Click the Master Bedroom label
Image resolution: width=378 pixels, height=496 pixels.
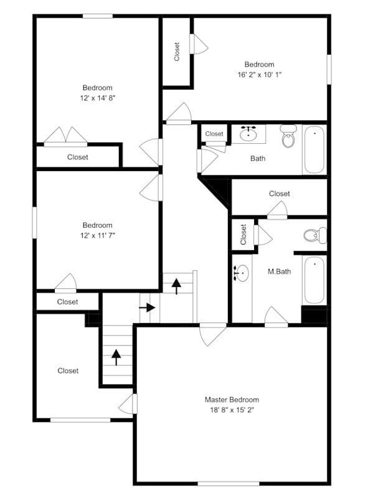pyautogui.click(x=232, y=400)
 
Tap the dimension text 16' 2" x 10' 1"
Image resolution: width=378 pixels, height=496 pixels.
pyautogui.click(x=259, y=75)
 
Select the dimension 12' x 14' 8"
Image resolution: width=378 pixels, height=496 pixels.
pyautogui.click(x=97, y=98)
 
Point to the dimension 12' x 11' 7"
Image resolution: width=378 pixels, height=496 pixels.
pyautogui.click(x=97, y=235)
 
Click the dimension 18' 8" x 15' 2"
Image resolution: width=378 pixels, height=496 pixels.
pyautogui.click(x=232, y=409)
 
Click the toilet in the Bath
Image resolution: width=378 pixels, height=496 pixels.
pyautogui.click(x=288, y=136)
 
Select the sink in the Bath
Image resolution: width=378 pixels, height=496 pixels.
pyautogui.click(x=249, y=133)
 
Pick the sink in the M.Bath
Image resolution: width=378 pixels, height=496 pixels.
pyautogui.click(x=242, y=273)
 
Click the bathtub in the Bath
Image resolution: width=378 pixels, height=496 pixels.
pyautogui.click(x=314, y=150)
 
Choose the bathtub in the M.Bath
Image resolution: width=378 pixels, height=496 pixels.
pyautogui.click(x=314, y=280)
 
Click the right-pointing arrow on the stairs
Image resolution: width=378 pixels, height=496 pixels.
pyautogui.click(x=148, y=307)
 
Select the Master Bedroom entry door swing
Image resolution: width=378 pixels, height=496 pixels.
pyautogui.click(x=213, y=334)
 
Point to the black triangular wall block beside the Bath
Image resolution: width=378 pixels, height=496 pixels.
pyautogui.click(x=218, y=189)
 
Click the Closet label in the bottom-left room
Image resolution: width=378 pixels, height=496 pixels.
pyautogui.click(x=68, y=370)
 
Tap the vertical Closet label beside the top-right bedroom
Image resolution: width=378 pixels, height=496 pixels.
pyautogui.click(x=177, y=51)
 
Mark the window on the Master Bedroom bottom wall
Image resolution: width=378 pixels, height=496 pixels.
pyautogui.click(x=228, y=483)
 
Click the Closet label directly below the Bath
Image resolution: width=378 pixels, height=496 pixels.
pyautogui.click(x=279, y=194)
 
